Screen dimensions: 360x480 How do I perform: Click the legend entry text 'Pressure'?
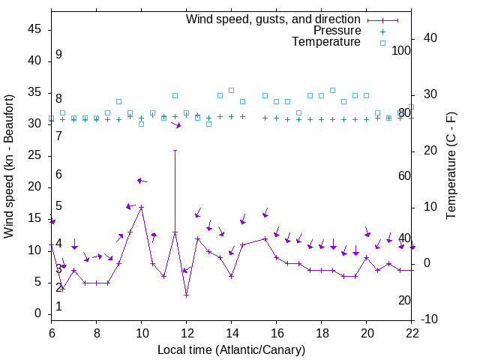tap(337, 31)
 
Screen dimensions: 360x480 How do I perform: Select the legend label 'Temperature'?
tap(326, 42)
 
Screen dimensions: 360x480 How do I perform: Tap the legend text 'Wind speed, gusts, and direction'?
tap(274, 19)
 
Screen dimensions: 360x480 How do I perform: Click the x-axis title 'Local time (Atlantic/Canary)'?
tap(232, 349)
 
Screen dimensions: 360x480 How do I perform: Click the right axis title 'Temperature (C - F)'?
tap(451, 166)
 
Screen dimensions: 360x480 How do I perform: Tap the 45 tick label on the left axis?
tap(34, 28)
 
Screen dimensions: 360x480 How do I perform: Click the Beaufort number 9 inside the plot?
tap(58, 55)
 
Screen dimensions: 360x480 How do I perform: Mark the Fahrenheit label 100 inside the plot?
tap(401, 50)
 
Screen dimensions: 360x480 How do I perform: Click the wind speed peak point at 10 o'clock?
tap(141, 207)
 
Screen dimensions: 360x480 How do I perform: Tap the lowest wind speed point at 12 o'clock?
tap(186, 295)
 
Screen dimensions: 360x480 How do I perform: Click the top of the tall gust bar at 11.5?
tap(175, 150)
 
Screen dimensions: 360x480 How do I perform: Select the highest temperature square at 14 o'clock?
tap(231, 90)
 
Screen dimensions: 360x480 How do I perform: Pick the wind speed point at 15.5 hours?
tap(265, 238)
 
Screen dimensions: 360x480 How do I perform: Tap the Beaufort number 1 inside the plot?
tap(58, 306)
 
